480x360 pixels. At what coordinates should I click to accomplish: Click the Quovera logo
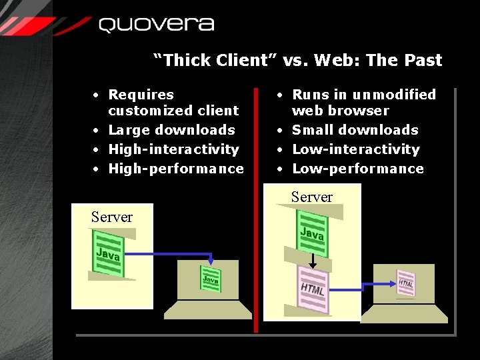point(156,25)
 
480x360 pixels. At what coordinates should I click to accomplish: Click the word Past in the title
point(422,60)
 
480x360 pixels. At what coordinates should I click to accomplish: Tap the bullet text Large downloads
point(171,130)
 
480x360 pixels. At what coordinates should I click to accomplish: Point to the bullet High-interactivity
point(173,149)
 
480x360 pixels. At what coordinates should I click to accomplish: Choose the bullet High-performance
point(176,169)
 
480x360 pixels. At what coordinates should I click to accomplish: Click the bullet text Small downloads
point(355,130)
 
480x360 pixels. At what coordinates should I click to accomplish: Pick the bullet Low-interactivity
point(356,149)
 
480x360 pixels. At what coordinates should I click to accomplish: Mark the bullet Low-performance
point(358,169)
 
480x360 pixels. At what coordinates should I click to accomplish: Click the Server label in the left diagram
point(112,217)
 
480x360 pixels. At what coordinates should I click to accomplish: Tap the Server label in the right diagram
point(311,197)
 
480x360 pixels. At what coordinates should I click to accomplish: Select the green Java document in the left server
point(108,254)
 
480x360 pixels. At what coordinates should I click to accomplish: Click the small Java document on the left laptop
point(211,279)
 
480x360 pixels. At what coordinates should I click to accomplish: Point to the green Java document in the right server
point(312,233)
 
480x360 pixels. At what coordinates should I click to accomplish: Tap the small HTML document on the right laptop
point(405,283)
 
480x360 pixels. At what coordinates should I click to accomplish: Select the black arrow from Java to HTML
point(312,260)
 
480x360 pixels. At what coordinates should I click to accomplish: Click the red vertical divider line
point(256,207)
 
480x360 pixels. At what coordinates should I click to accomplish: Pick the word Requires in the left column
point(141,95)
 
